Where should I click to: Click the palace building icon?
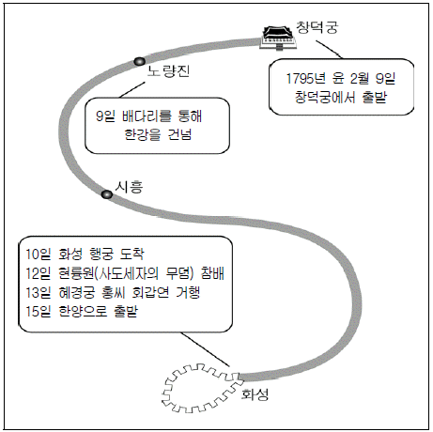click(278, 38)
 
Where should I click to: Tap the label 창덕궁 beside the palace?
click(317, 27)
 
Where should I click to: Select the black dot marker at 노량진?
click(139, 61)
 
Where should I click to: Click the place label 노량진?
click(168, 71)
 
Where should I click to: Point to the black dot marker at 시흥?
click(107, 194)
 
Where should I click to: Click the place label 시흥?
click(129, 187)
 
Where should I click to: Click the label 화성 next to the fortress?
click(255, 394)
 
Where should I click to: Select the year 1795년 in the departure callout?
click(306, 78)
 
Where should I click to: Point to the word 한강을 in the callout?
click(143, 134)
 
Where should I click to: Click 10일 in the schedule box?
click(38, 254)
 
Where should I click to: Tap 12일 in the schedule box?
click(38, 273)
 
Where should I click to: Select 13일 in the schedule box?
click(38, 292)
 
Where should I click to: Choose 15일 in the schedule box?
click(38, 311)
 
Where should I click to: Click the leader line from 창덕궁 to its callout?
click(329, 49)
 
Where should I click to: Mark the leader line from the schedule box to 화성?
click(206, 349)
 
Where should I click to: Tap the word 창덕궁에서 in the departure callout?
click(325, 98)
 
